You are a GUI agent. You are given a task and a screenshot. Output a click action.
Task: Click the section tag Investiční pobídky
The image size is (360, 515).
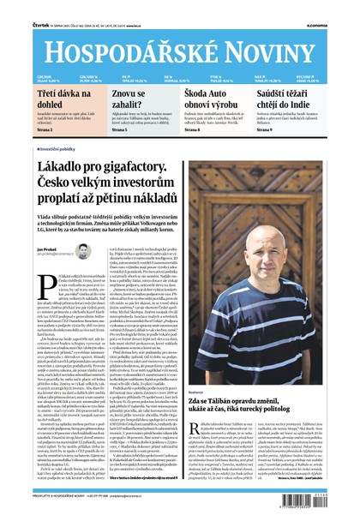coord(58,148)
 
